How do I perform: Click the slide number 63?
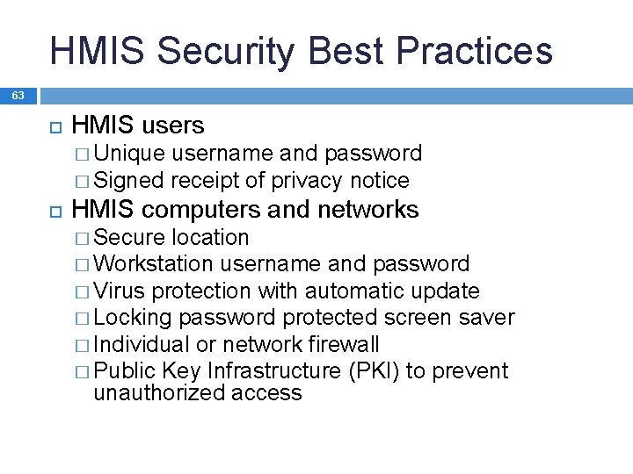[x=18, y=95]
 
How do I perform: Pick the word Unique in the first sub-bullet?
[x=129, y=154]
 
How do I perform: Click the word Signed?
[x=128, y=181]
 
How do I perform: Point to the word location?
[x=210, y=238]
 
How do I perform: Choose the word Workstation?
[x=153, y=264]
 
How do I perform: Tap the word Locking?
[x=133, y=318]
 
